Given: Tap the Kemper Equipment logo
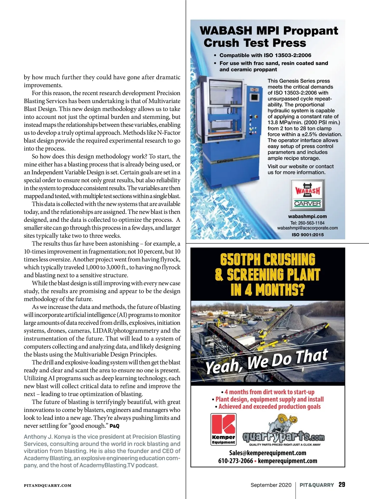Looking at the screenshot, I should [x=223, y=429].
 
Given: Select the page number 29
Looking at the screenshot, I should [x=342, y=485].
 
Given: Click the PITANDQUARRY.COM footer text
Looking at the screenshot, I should [x=48, y=485].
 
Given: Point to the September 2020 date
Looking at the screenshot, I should [x=271, y=485].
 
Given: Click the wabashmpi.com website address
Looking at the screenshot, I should [x=307, y=216].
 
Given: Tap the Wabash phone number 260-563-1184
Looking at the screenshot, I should [x=307, y=223].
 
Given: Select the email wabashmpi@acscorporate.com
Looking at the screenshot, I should [x=307, y=228].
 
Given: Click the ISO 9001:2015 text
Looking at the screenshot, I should [x=307, y=235].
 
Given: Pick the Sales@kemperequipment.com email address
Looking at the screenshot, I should [x=268, y=453].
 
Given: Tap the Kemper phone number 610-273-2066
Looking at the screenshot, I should [x=236, y=461].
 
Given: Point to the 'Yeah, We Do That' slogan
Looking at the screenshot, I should [x=266, y=362].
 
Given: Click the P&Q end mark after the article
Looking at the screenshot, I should [x=114, y=426].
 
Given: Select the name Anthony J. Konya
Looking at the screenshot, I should [x=47, y=437].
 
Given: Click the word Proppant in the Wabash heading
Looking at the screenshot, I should [x=310, y=31].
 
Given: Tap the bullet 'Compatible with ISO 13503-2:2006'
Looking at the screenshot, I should [x=265, y=55].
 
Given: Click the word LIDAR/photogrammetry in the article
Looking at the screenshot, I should [x=126, y=331].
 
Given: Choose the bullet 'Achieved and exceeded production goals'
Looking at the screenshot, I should [x=269, y=407].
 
